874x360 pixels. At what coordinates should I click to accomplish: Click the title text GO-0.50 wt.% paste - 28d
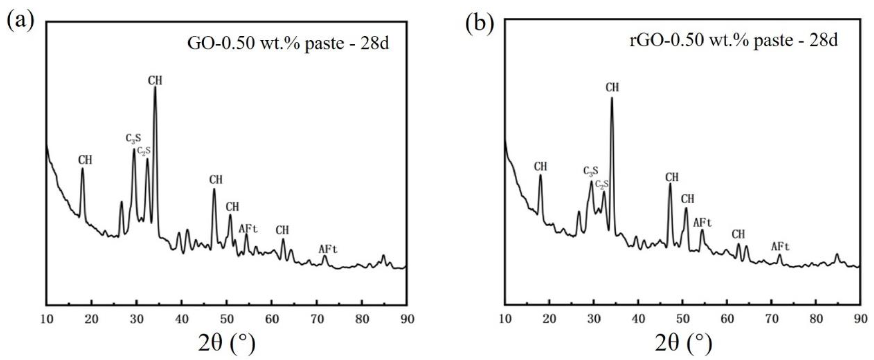click(288, 43)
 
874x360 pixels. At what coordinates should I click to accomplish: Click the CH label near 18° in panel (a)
click(85, 160)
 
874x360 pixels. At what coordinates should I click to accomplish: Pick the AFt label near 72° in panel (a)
click(328, 249)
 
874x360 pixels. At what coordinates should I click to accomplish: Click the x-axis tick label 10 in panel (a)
click(47, 319)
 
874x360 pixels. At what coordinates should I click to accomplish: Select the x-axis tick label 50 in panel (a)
click(227, 319)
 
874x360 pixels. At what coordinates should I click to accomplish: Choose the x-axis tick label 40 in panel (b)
click(638, 319)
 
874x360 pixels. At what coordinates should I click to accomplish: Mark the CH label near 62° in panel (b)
click(738, 234)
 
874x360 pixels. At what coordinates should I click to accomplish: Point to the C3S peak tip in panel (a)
click(134, 149)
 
